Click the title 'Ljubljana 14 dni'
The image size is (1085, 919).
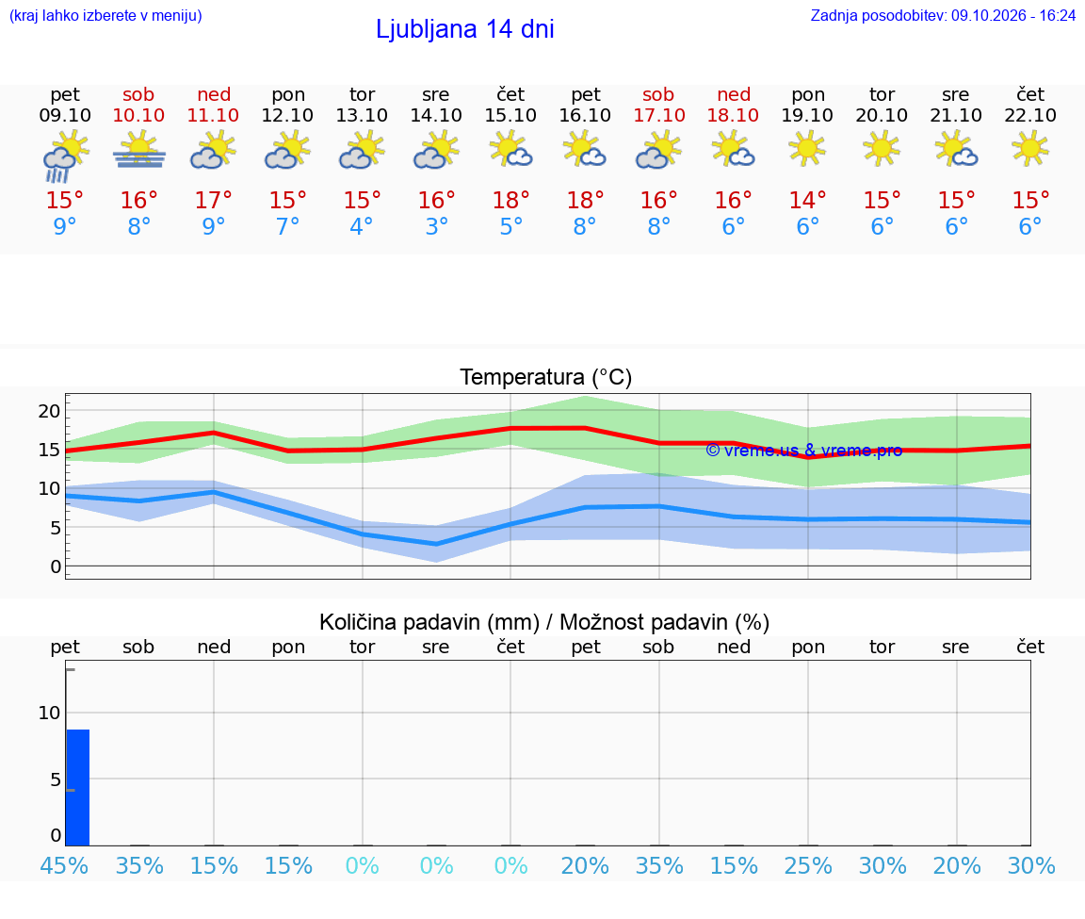click(465, 29)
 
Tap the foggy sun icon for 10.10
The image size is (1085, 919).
click(139, 150)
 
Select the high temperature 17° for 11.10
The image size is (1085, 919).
click(213, 200)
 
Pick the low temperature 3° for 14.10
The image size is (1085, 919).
click(436, 226)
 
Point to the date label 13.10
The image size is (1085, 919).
click(362, 115)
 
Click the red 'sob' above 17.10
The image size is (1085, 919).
click(658, 94)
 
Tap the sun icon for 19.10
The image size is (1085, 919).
click(807, 148)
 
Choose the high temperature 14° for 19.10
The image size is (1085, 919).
click(807, 200)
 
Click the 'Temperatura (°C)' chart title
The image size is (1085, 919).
click(546, 377)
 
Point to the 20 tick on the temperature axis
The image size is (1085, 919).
click(50, 411)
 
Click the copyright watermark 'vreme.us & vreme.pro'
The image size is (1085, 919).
click(804, 451)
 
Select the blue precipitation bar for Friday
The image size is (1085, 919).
click(78, 787)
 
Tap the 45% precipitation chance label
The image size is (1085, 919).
click(64, 865)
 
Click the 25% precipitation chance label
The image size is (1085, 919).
click(807, 865)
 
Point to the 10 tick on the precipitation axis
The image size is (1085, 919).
click(50, 713)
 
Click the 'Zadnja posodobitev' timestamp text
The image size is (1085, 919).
click(943, 15)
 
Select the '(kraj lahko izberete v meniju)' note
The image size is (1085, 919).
click(105, 15)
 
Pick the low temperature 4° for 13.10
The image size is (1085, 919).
click(362, 226)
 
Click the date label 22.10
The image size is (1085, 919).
click(1030, 115)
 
